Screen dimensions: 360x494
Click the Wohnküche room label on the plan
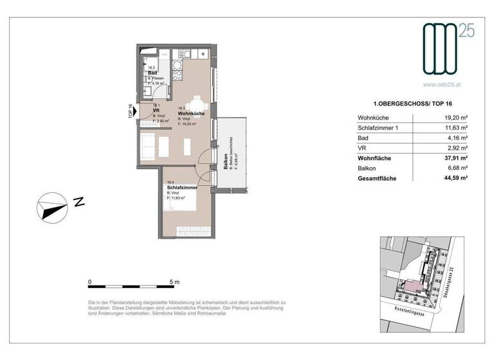(x=191, y=113)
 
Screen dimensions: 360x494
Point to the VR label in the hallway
(x=156, y=110)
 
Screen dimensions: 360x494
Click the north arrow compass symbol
(x=52, y=208)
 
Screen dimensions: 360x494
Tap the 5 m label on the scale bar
(x=174, y=282)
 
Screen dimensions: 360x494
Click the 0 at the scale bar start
(x=90, y=282)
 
